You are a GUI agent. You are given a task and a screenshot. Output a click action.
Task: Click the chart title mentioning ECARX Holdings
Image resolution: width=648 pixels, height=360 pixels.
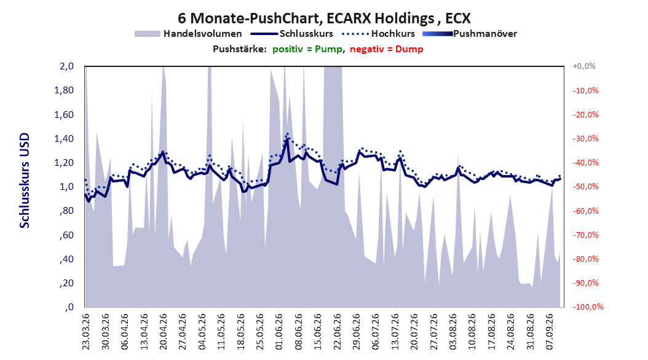[324, 18]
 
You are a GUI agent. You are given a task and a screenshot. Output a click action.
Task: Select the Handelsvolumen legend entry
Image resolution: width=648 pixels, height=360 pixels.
[189, 34]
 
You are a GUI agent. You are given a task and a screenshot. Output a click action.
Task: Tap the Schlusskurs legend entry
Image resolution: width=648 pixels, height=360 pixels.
[292, 34]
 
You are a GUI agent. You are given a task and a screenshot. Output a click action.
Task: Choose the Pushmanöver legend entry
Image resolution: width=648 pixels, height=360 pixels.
[470, 34]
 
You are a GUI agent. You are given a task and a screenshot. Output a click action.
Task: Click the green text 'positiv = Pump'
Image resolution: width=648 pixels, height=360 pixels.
[307, 49]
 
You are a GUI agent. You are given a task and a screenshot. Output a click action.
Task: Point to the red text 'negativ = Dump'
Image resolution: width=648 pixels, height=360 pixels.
[387, 49]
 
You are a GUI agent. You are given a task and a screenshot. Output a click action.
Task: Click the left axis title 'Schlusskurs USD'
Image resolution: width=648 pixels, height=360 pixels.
[25, 181]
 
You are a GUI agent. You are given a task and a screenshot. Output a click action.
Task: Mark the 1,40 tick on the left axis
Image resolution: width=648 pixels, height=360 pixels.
[64, 139]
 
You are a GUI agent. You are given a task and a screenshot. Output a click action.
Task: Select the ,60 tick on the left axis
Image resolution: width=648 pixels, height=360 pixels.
[67, 235]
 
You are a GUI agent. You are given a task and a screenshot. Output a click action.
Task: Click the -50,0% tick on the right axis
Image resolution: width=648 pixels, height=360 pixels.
[585, 187]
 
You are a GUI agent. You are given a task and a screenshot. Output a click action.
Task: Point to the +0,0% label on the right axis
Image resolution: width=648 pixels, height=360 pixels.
[584, 66]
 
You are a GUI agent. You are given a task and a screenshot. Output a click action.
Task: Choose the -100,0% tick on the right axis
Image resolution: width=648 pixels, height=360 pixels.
[588, 307]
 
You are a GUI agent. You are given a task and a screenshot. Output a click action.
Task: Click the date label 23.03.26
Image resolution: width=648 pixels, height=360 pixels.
[85, 332]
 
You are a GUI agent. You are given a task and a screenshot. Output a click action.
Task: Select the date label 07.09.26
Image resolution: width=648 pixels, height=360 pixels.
[550, 332]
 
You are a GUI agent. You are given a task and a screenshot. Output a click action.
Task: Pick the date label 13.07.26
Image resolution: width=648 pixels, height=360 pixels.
[395, 332]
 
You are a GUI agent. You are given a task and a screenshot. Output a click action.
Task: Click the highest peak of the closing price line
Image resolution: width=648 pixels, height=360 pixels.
[287, 139]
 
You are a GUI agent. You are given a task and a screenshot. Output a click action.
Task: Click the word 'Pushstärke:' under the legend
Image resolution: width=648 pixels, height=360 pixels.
[240, 49]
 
